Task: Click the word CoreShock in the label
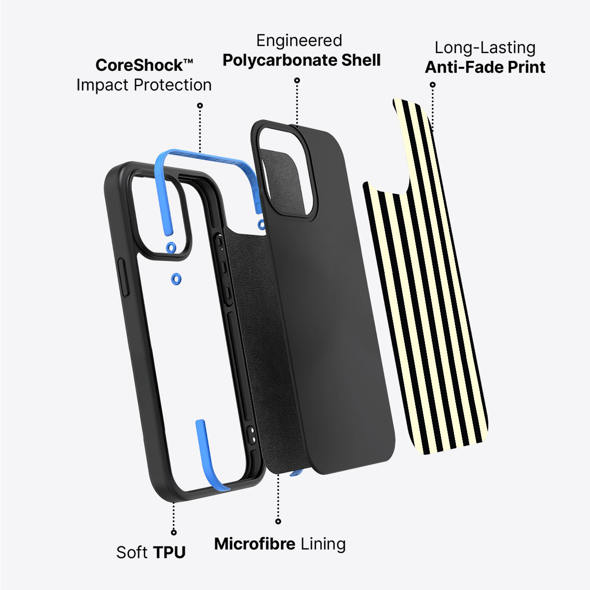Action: pos(140,65)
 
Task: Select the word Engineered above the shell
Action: pos(299,41)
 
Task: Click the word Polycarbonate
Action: pos(280,60)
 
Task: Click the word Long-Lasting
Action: pos(485,48)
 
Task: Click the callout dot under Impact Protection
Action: pos(200,105)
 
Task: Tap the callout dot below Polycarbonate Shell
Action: pos(297,80)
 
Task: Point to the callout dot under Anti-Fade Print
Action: pos(433,85)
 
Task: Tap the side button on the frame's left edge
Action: pos(123,277)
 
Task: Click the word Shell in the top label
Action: pos(361,60)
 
